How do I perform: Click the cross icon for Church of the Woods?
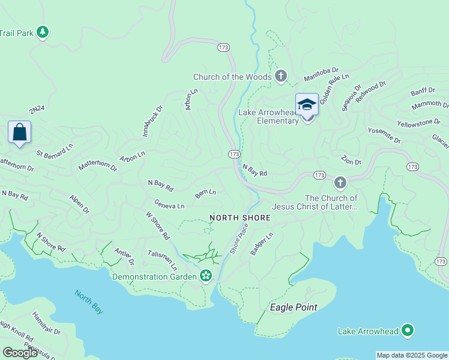280,76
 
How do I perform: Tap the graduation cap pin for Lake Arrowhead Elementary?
307,105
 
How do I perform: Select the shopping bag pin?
19,132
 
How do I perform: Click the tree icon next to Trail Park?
42,32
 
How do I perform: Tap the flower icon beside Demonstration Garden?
206,276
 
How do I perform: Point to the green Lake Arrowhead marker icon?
408,331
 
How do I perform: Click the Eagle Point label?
293,307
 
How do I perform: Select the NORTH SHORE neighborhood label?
240,217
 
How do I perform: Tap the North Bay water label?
89,301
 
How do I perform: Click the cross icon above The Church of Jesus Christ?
340,182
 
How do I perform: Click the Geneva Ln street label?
169,205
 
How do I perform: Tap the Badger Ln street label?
262,244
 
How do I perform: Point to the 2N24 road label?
37,109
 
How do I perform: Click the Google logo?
20,352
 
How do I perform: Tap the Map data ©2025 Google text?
412,355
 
